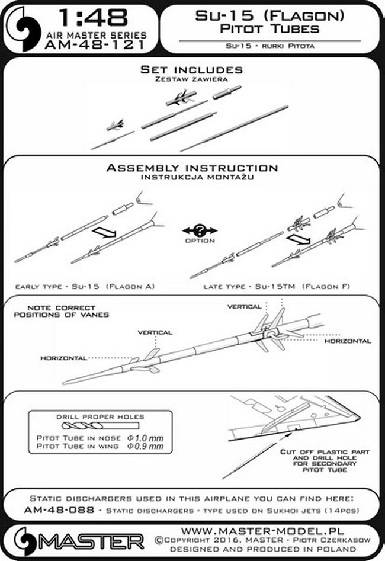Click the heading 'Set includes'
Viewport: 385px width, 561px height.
click(191, 70)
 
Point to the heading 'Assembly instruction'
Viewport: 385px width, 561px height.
click(191, 168)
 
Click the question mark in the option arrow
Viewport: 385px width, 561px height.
click(200, 230)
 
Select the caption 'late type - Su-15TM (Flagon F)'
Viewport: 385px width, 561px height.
click(276, 287)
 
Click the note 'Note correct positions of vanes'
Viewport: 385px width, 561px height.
click(63, 312)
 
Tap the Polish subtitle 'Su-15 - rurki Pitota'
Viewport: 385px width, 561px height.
click(268, 46)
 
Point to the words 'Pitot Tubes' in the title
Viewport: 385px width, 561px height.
click(268, 28)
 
